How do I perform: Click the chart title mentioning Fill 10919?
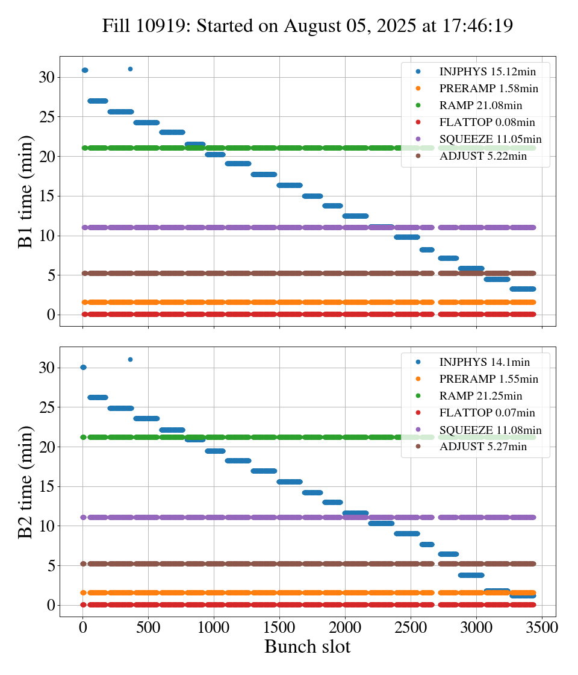pos(307,26)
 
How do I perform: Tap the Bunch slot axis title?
pos(307,647)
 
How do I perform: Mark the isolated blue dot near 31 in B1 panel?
pos(130,69)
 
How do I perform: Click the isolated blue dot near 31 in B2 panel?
pos(130,359)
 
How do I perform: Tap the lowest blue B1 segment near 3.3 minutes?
pos(523,289)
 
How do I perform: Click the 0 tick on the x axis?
pos(83,627)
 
